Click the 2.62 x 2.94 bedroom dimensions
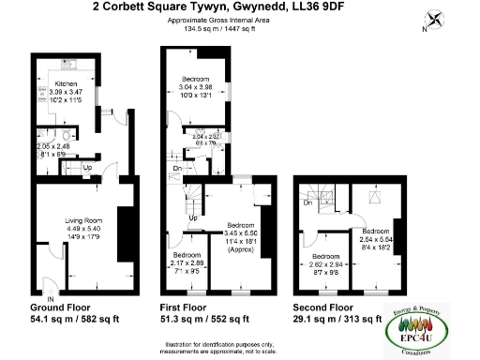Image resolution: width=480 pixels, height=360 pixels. pyautogui.click(x=327, y=265)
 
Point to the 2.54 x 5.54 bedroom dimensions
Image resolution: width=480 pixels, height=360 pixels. pyautogui.click(x=376, y=240)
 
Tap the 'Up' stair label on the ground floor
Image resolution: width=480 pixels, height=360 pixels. pyautogui.click(x=88, y=168)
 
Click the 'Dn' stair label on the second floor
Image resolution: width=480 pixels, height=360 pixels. pyautogui.click(x=306, y=202)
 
